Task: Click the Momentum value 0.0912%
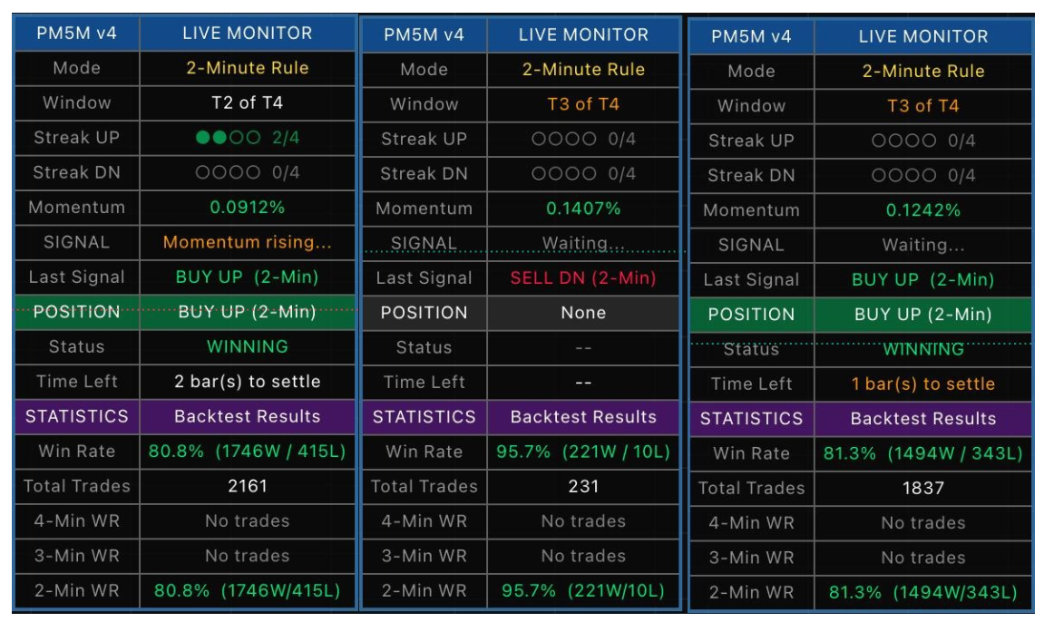(x=247, y=208)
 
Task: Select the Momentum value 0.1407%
(x=583, y=209)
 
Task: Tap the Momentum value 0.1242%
(x=922, y=210)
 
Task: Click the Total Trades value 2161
(x=247, y=486)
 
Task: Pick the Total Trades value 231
(x=583, y=487)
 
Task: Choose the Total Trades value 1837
(x=922, y=489)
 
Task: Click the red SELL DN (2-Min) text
(x=583, y=278)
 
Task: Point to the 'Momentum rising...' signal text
(x=247, y=242)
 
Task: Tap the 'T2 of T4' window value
(x=247, y=102)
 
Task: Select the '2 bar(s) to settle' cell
(x=247, y=382)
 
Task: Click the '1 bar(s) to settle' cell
(x=922, y=384)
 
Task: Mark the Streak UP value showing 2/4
(x=247, y=138)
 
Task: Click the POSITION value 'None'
(x=583, y=313)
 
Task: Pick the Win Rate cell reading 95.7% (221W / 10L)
(x=583, y=452)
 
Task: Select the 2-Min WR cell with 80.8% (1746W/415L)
(x=247, y=591)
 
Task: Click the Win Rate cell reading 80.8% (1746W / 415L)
(x=247, y=452)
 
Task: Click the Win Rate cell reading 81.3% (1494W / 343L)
(x=922, y=453)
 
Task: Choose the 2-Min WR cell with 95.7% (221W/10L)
(x=583, y=591)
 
